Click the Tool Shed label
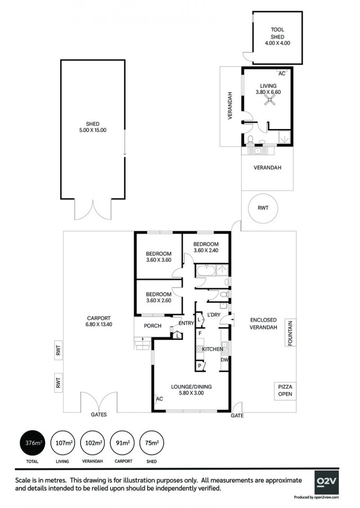[x=277, y=33]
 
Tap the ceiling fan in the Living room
[x=269, y=101]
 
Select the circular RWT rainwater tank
[x=263, y=208]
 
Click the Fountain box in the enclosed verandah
[x=290, y=333]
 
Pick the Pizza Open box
[x=285, y=390]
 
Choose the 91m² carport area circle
[x=123, y=443]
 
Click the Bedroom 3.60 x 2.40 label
[x=206, y=247]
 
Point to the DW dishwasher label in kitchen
[x=225, y=360]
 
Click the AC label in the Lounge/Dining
[x=160, y=399]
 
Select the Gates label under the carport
[x=99, y=414]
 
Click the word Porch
[x=153, y=325]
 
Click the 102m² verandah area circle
[x=93, y=443]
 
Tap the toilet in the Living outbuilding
[x=250, y=140]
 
